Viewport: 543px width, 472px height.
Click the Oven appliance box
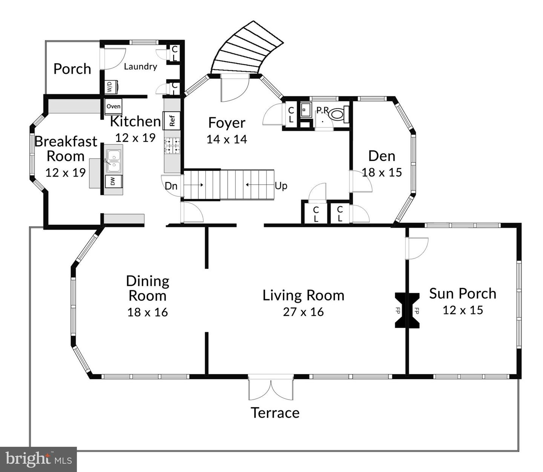click(114, 106)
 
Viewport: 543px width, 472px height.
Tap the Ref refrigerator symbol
click(172, 121)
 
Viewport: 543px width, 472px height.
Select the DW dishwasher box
click(114, 181)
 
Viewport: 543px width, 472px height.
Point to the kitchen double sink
click(114, 161)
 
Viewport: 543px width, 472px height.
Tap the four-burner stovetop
click(172, 146)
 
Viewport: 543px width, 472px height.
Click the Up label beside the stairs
click(281, 186)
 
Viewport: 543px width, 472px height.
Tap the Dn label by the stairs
click(171, 186)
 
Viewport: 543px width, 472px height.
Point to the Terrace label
click(275, 413)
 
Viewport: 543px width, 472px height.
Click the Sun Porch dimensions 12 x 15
click(463, 310)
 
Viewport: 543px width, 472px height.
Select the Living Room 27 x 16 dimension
click(303, 312)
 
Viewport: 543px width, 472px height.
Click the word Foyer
click(227, 123)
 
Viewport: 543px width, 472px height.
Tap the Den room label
click(382, 156)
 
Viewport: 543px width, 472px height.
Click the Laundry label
click(140, 66)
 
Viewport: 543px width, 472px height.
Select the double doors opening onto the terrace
click(271, 388)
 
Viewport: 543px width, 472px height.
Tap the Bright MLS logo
click(38, 459)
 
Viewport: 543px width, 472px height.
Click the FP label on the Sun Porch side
click(416, 311)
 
